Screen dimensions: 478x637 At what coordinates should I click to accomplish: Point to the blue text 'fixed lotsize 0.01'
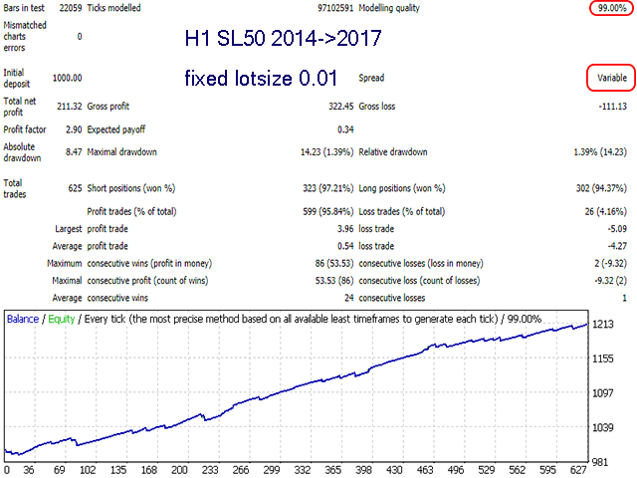point(261,78)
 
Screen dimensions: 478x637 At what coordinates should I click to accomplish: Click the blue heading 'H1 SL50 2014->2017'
point(282,41)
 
